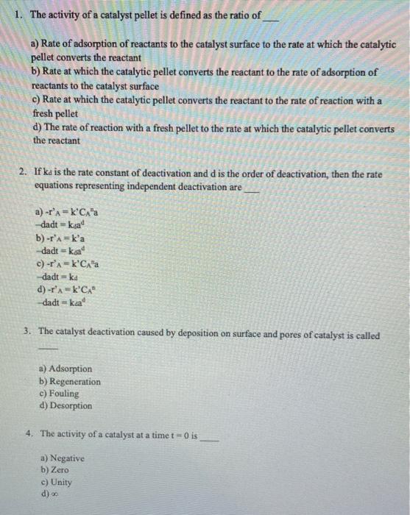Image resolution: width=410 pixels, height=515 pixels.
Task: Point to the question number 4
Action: tap(27, 433)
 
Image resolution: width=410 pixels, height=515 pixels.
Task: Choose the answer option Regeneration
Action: tap(74, 382)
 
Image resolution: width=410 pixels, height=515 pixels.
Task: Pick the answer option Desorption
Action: tap(71, 405)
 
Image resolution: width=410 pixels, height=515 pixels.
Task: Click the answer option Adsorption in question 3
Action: tap(70, 369)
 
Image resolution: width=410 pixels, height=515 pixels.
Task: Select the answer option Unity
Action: tap(61, 483)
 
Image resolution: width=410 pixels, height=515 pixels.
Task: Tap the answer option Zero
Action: tap(59, 470)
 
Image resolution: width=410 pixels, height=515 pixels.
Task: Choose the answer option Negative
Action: tap(66, 458)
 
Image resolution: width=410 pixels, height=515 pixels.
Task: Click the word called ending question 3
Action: tap(366, 335)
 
